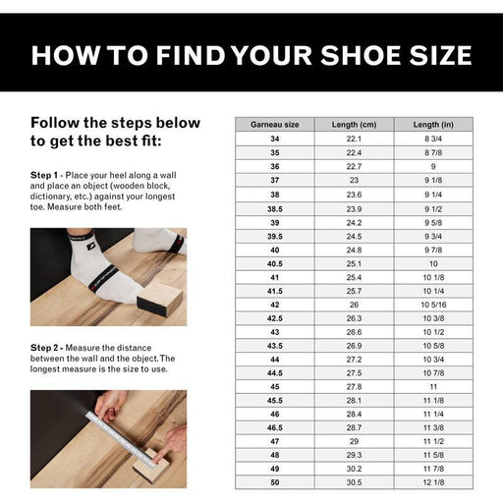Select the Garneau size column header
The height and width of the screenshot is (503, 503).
click(275, 125)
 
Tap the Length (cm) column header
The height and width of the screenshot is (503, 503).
click(354, 125)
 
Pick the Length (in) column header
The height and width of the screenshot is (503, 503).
click(433, 125)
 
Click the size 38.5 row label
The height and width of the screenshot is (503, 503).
click(275, 209)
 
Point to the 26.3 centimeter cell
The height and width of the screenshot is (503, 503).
click(354, 318)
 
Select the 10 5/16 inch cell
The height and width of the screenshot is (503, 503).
click(433, 305)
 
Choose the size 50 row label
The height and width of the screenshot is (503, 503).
click(275, 482)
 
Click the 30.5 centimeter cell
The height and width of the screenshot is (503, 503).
click(354, 482)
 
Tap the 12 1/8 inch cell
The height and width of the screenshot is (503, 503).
click(433, 482)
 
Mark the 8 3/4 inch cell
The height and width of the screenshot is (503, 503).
click(433, 139)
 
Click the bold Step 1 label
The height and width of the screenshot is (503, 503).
click(44, 175)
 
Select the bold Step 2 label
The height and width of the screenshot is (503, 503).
click(44, 348)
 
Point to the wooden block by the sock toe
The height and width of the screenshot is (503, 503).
click(160, 300)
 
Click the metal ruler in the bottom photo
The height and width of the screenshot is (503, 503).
click(121, 438)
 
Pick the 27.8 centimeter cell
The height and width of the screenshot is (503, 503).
click(354, 387)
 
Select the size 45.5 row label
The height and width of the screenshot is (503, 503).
click(275, 401)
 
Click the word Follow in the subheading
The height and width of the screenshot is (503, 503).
click(55, 123)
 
